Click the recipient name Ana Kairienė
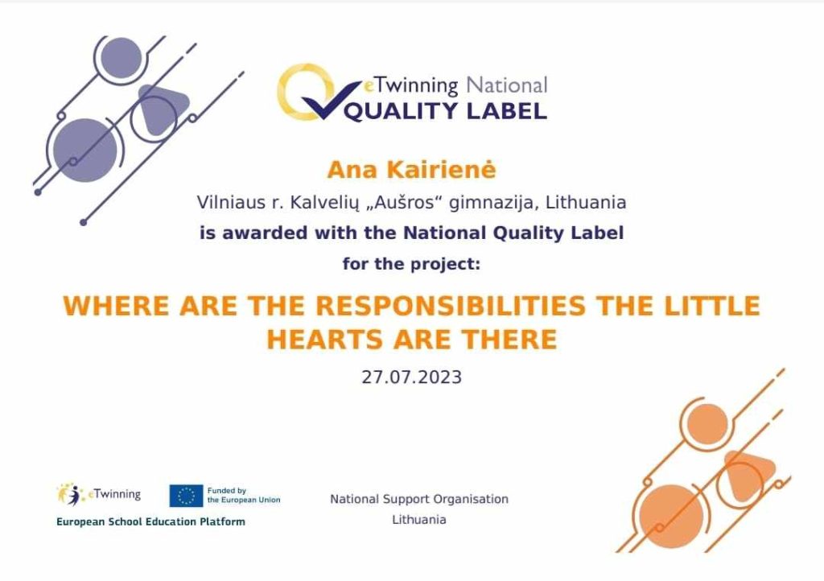[x=411, y=170]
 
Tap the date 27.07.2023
[x=411, y=377]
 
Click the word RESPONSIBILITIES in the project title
[x=451, y=306]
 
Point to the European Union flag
[x=186, y=496]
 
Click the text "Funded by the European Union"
[x=244, y=496]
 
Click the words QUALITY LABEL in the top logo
[x=446, y=111]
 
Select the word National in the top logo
[x=507, y=85]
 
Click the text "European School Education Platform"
[x=150, y=521]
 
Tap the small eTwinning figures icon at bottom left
[x=71, y=494]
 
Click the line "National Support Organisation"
[x=419, y=499]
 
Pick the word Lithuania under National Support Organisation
[x=418, y=520]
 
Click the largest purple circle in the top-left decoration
[x=85, y=150]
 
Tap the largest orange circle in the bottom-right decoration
[x=671, y=517]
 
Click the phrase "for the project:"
[x=411, y=264]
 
